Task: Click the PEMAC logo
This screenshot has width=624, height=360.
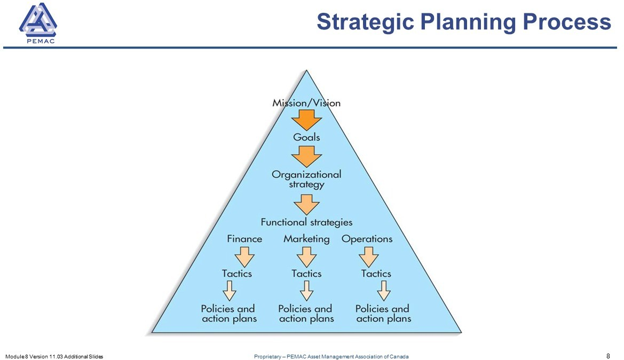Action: (x=38, y=23)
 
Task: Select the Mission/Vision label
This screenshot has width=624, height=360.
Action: (x=306, y=103)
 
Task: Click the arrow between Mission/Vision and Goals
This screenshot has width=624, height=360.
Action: (x=306, y=120)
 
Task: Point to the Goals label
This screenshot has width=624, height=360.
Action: (x=306, y=137)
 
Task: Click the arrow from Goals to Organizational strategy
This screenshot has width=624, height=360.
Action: (x=306, y=156)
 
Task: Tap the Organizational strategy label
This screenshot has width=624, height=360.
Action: (x=306, y=179)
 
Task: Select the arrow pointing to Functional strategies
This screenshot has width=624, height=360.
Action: (x=306, y=205)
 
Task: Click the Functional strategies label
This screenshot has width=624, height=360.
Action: (x=306, y=222)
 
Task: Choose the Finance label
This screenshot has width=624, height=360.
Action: (x=244, y=239)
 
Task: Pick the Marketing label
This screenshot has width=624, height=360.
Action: (x=306, y=239)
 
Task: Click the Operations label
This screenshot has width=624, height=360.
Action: (x=367, y=239)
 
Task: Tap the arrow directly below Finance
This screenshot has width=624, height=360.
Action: (x=244, y=257)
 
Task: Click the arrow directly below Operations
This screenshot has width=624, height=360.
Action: (x=368, y=257)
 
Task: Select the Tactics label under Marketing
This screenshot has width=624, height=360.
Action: (x=306, y=273)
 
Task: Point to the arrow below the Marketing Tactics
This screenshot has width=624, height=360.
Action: (x=306, y=291)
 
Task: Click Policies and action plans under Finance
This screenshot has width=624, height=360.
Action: (x=229, y=314)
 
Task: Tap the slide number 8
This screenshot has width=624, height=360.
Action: (x=608, y=356)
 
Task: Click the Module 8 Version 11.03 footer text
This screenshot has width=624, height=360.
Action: (x=54, y=356)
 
